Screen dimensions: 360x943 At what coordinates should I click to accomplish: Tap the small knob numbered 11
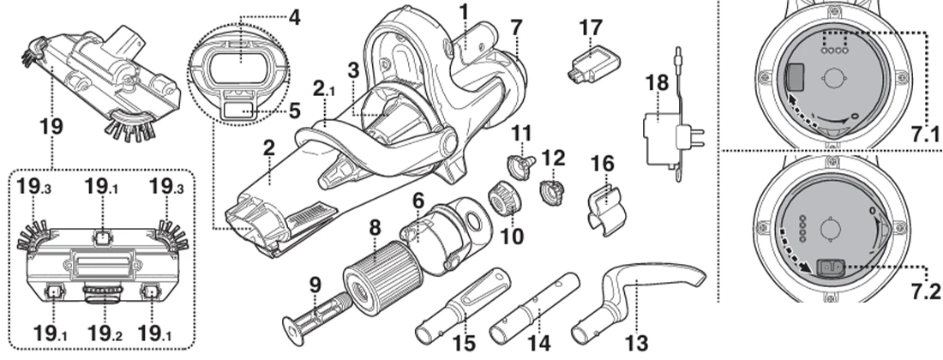point(521,160)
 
